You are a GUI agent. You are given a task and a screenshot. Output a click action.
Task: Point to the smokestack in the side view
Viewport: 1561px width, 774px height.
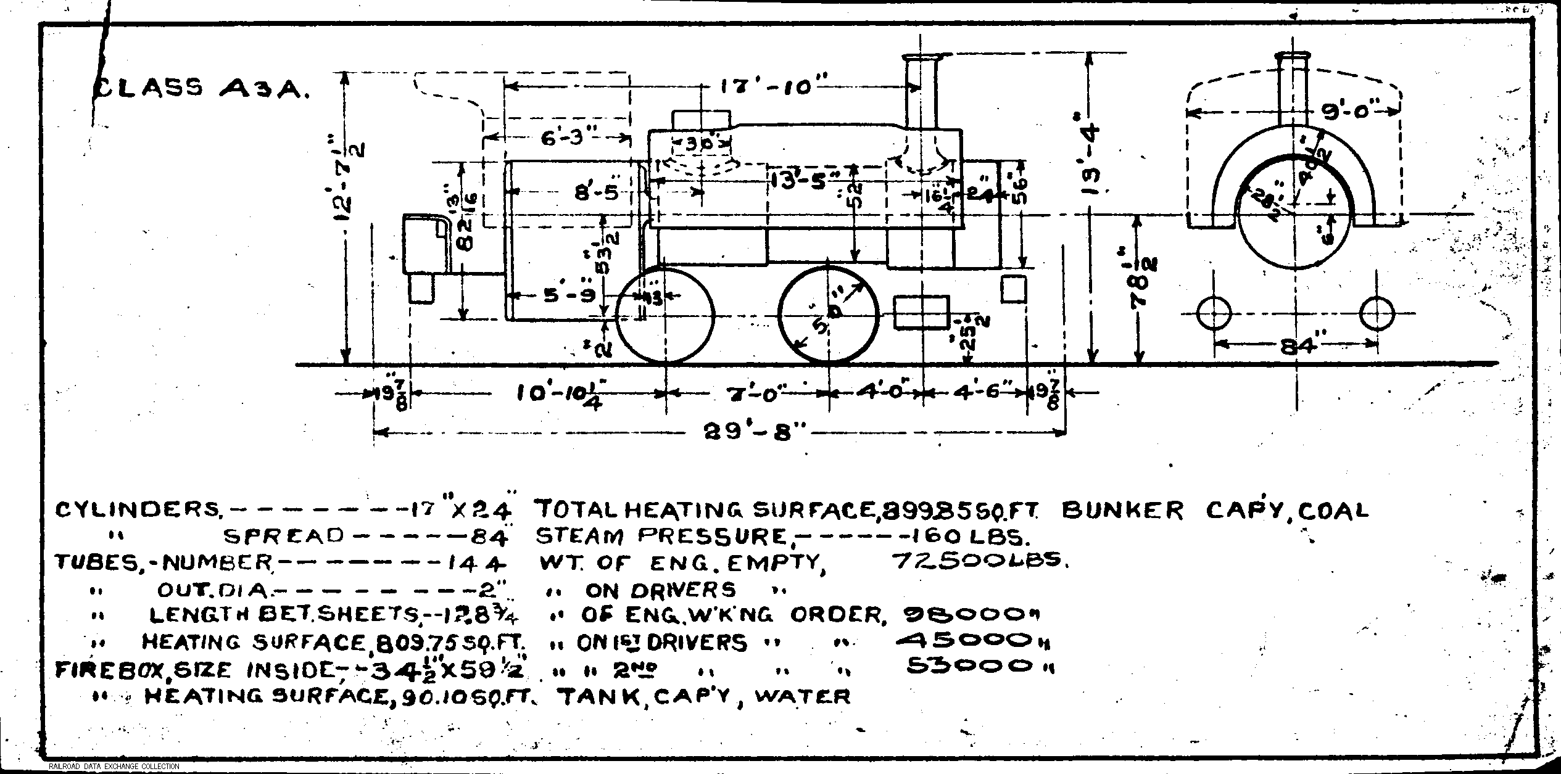(921, 93)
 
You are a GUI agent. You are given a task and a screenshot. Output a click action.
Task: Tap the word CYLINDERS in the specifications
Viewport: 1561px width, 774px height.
(139, 511)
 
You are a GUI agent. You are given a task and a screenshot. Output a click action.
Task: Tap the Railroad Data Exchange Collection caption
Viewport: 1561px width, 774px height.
(114, 767)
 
